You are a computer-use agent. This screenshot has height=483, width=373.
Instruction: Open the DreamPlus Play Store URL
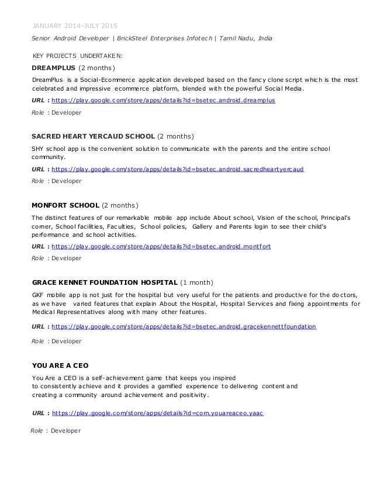[163, 101]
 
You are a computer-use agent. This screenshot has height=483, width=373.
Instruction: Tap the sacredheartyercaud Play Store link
[178, 170]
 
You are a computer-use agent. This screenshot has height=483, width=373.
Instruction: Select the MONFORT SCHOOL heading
[65, 205]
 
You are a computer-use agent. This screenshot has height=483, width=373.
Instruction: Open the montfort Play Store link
[161, 247]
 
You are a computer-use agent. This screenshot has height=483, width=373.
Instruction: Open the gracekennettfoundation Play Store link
[184, 326]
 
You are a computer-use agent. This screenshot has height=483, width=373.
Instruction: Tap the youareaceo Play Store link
[158, 413]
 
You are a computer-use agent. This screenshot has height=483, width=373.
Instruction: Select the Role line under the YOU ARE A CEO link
[56, 431]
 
